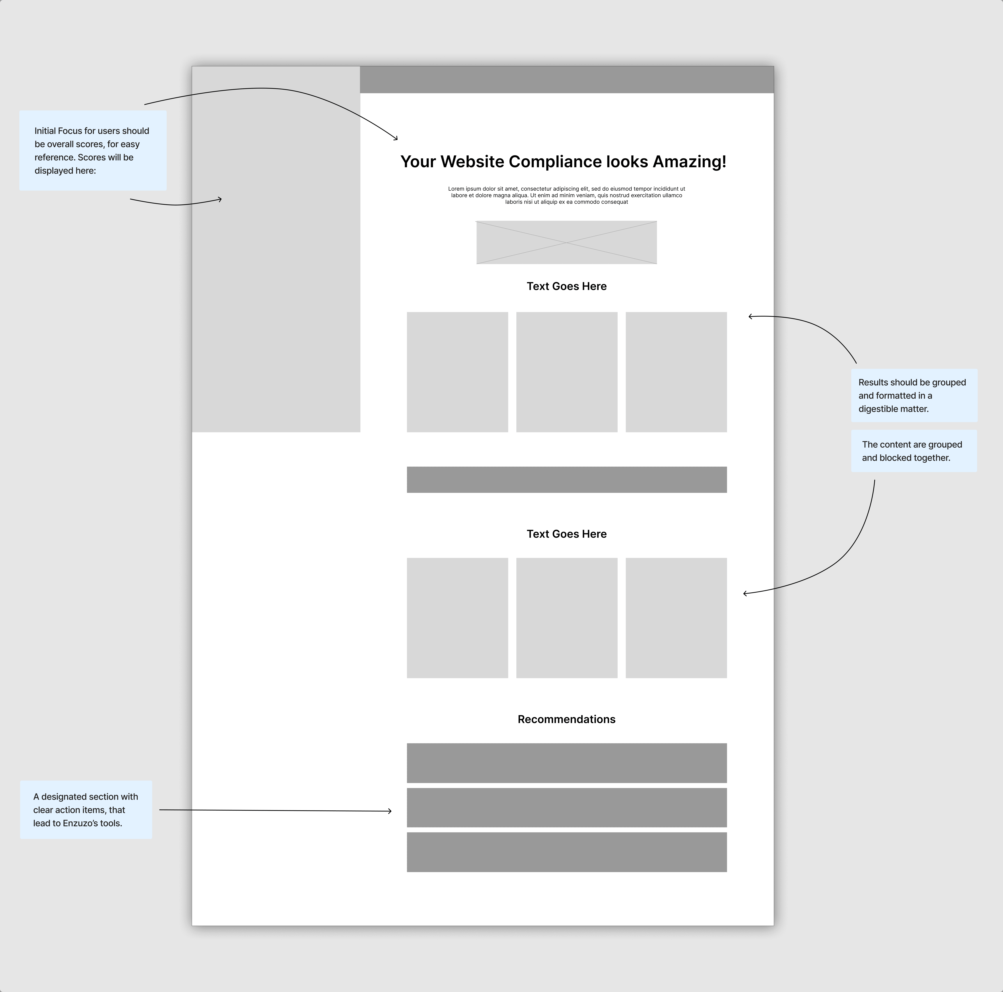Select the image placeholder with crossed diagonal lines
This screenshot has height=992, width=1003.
coord(566,242)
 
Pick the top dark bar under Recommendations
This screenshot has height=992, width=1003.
coord(566,763)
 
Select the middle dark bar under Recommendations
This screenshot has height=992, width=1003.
coord(566,807)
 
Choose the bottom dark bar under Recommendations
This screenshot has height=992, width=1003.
coord(566,852)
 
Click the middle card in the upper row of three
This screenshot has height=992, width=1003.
coord(566,372)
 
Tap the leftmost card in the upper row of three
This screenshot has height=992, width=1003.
coord(457,372)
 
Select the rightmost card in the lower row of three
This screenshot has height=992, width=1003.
coord(676,618)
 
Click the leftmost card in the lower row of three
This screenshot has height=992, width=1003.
coord(457,618)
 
